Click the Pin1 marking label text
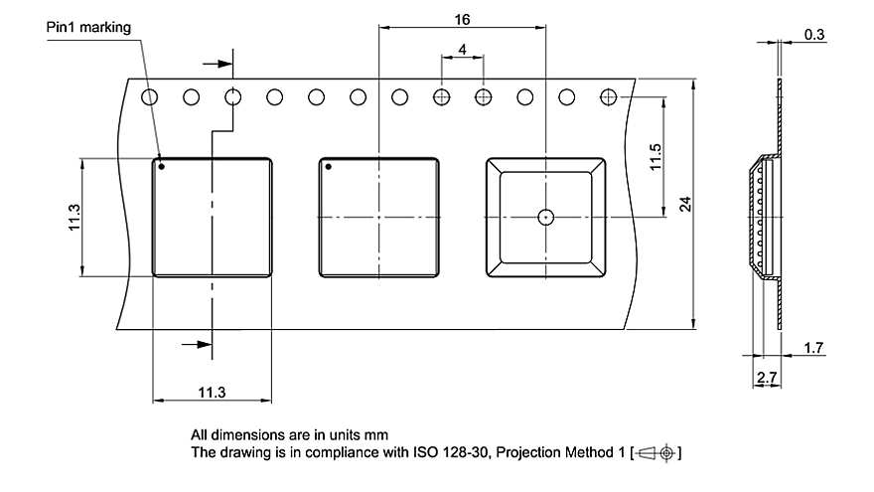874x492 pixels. point(88,28)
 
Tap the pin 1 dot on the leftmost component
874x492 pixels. point(161,167)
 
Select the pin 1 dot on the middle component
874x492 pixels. point(328,167)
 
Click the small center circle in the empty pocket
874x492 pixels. point(544,217)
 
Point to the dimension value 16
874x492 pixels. point(462,19)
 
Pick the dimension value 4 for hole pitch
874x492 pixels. point(463,49)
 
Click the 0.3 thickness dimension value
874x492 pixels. point(814,35)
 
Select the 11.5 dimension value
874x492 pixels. point(655,157)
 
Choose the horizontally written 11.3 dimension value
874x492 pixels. point(212,394)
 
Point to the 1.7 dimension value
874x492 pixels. point(813,347)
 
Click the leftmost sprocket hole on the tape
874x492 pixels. point(150,97)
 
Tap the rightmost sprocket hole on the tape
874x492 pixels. point(609,97)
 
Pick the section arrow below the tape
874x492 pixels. point(200,344)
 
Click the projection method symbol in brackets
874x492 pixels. point(655,453)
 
